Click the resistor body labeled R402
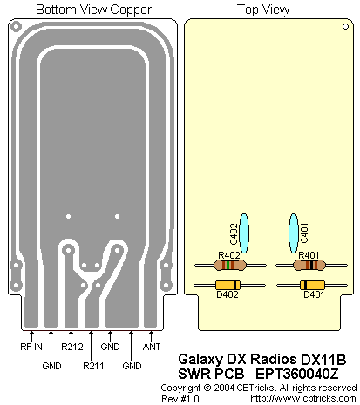[230, 265]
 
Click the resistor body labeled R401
[309, 265]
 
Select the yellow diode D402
[228, 285]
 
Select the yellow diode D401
[312, 285]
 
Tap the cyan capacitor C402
[243, 233]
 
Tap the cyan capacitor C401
[294, 233]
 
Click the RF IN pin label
[31, 347]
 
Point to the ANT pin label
[152, 347]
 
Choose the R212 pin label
[72, 347]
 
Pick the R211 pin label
[93, 366]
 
